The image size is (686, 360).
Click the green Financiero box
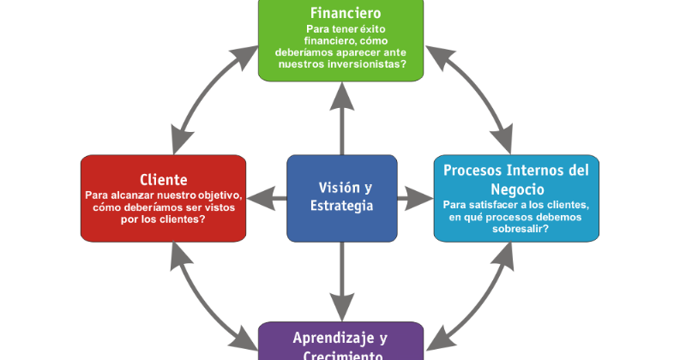pos(341,41)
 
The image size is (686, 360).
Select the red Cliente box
pos(163,198)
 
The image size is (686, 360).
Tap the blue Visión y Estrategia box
pos(341,197)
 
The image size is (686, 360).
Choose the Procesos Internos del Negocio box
pos(516,198)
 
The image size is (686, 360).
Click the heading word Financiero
pos(346,14)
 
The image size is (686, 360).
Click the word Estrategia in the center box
pos(342,207)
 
